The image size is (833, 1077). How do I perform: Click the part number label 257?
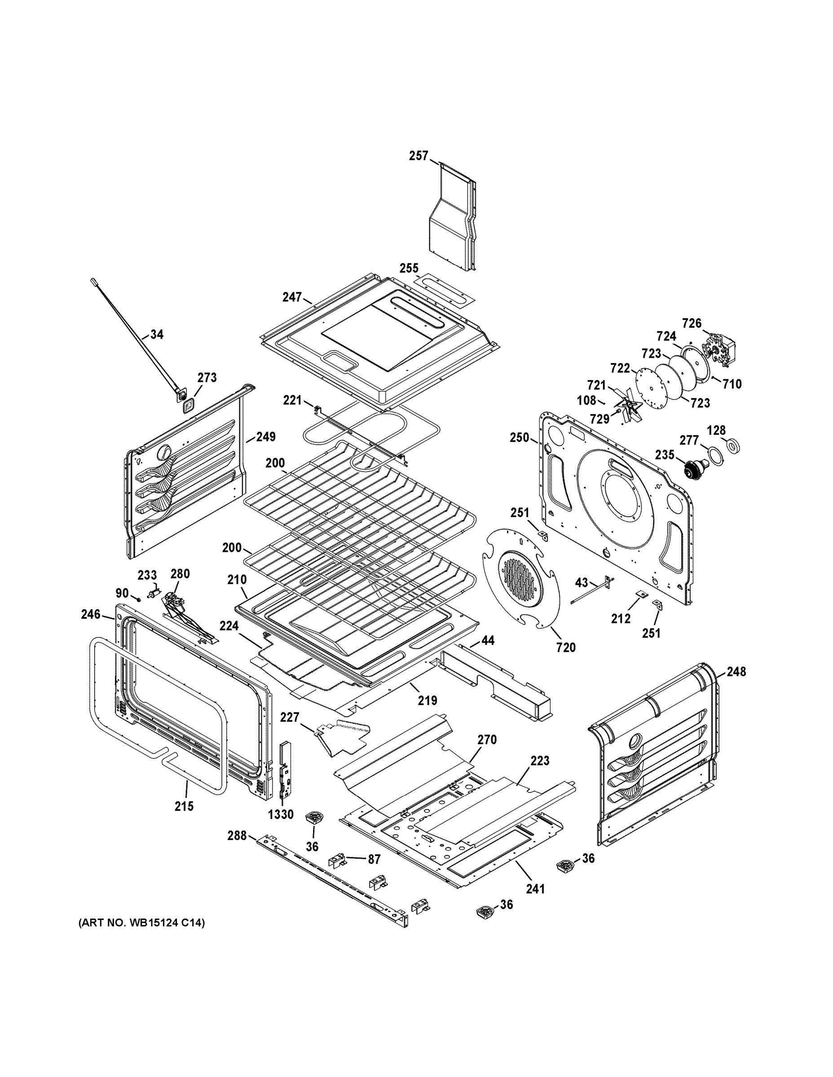(419, 156)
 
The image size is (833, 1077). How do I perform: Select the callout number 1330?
(281, 814)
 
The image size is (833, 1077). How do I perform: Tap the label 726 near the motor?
(692, 324)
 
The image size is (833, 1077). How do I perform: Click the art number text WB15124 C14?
(141, 923)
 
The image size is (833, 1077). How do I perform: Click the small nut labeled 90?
(139, 599)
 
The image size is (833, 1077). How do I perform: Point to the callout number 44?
(488, 640)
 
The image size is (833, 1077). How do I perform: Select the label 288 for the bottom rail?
(237, 836)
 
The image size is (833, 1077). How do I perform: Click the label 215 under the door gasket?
(184, 806)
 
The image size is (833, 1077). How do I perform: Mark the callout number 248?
(736, 672)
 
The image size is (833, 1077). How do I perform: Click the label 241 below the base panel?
(535, 889)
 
